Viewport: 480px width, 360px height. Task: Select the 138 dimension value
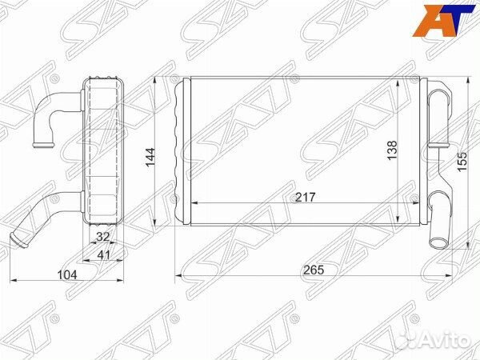pos(392,150)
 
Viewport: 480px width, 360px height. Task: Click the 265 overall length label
pos(314,270)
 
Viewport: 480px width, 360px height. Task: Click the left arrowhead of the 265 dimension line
pos(178,277)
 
